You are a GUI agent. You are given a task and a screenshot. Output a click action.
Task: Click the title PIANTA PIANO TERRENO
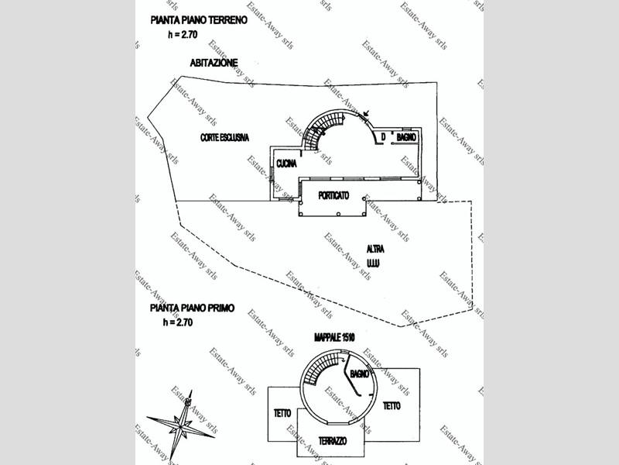[200, 21]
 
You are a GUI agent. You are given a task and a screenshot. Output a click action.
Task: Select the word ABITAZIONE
[214, 62]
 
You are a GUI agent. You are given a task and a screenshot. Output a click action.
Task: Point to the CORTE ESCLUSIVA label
[224, 137]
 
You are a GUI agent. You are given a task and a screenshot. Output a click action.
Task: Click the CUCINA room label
[287, 164]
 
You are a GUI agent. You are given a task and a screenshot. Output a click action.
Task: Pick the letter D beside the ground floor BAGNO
[381, 137]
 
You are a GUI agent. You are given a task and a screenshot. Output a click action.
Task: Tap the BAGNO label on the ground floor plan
[407, 137]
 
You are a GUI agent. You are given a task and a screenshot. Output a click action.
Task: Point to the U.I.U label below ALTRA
[376, 263]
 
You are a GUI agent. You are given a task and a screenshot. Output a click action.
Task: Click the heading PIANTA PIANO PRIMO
[193, 308]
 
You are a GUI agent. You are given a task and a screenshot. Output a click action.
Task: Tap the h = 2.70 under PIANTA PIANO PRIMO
[179, 321]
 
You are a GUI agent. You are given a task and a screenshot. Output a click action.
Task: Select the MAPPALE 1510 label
[334, 339]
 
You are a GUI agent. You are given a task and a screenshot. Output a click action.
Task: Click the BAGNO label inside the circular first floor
[360, 374]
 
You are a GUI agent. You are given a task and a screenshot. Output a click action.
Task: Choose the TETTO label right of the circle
[392, 405]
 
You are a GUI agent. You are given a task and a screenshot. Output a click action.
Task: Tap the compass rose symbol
[181, 425]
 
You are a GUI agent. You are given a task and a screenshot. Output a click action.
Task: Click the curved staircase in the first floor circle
[318, 371]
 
